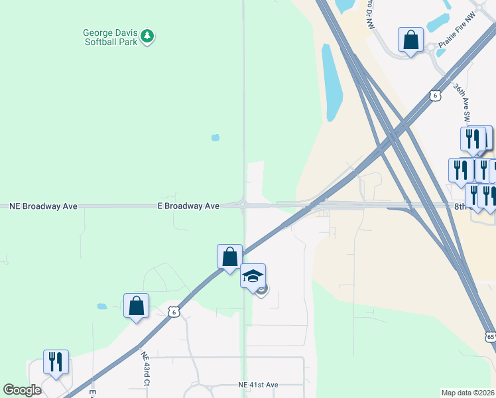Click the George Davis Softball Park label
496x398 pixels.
click(110, 36)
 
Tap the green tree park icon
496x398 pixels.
click(148, 36)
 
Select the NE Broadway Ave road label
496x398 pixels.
click(44, 206)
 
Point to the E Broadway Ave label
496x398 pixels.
click(188, 206)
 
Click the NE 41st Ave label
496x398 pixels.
click(259, 385)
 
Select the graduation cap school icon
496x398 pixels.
click(253, 275)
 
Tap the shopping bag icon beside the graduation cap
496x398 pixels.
click(229, 256)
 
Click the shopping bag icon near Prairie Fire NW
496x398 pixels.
click(411, 40)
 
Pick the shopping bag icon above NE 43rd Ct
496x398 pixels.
click(136, 306)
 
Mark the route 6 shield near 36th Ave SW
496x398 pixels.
click(434, 96)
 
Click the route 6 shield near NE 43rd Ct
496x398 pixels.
click(173, 312)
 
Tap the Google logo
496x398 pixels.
click(22, 390)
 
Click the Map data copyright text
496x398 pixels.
click(468, 393)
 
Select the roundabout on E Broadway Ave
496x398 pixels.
click(243, 206)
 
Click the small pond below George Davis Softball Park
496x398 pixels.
click(215, 138)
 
